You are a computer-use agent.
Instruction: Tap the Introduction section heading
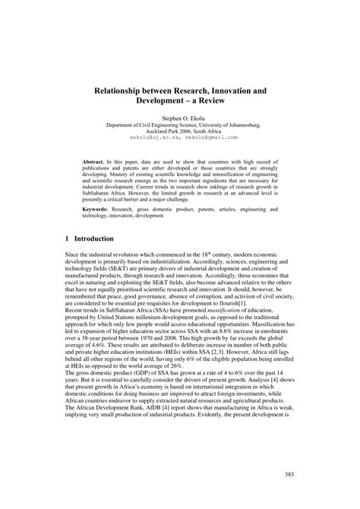[x=99, y=238]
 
